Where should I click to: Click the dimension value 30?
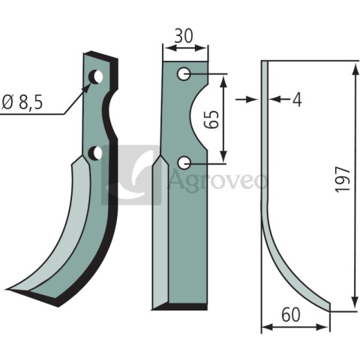pos(184,36)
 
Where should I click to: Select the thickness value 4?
pos(297,100)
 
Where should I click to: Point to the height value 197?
pos(343,180)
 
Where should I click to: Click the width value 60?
pos(291,315)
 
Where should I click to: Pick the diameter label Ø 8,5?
pos(22,103)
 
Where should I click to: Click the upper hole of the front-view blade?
pos(184,73)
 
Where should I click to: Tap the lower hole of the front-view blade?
pos(184,163)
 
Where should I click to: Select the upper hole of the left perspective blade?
pos(96,77)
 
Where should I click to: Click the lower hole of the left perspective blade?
pos(96,153)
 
